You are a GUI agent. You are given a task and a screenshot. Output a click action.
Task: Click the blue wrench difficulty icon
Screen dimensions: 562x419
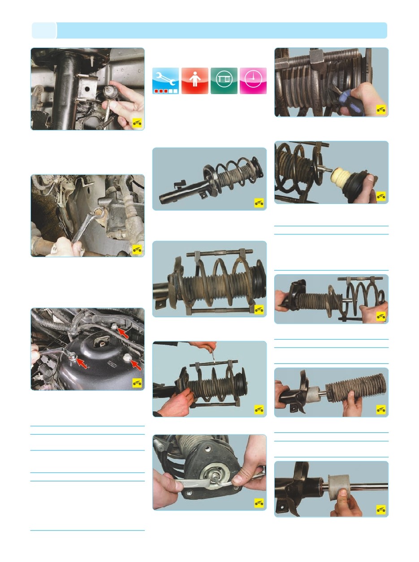(x=165, y=81)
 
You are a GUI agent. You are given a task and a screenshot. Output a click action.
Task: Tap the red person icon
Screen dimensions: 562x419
(x=194, y=81)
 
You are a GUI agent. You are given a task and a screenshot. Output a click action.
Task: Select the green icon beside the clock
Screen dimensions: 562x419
(x=224, y=81)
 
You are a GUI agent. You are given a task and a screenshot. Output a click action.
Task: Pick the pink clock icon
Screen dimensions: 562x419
(x=253, y=81)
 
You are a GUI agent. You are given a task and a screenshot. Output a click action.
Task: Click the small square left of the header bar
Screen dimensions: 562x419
(x=44, y=30)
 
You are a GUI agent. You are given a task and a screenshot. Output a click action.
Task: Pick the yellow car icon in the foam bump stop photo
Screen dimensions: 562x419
(x=381, y=196)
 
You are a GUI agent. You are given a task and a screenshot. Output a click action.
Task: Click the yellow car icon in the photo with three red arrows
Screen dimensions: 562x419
(x=137, y=382)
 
